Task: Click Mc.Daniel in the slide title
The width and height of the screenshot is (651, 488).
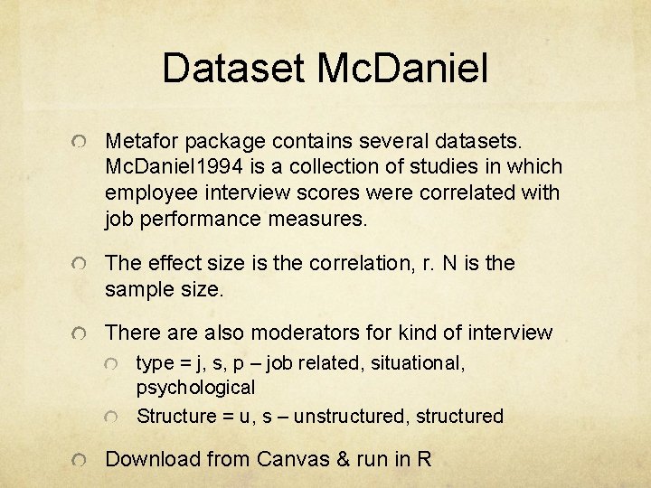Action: (x=403, y=69)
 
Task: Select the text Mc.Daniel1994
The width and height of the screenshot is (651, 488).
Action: (x=181, y=167)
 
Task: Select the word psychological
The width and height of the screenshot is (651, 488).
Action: (x=195, y=388)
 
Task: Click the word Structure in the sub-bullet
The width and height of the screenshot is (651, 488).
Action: (x=178, y=417)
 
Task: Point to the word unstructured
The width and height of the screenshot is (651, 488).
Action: (x=348, y=417)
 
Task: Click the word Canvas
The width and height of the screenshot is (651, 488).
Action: (x=293, y=459)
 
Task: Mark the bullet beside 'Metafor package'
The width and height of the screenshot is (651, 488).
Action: (x=82, y=143)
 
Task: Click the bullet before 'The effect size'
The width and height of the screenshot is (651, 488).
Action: (x=82, y=265)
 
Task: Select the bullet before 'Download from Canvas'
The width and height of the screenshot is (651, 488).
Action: (x=82, y=461)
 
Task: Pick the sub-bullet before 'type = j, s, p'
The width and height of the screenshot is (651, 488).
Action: (x=112, y=364)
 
